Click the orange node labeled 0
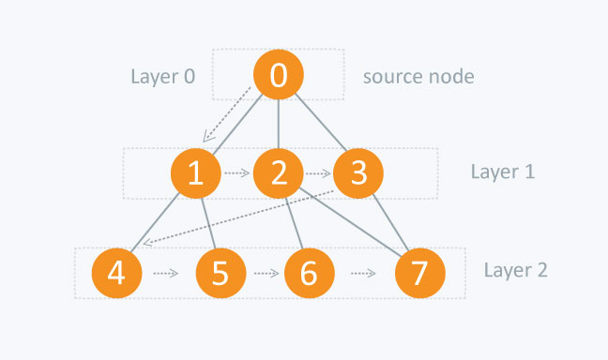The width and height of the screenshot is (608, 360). tap(279, 75)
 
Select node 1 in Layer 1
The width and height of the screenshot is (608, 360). tap(195, 172)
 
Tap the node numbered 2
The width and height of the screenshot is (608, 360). tap(278, 172)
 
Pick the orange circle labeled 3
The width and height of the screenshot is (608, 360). tap(358, 172)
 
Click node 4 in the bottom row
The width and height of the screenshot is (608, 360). tap(116, 273)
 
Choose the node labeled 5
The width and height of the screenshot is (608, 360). tap(220, 273)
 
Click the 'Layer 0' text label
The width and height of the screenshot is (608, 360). tap(163, 76)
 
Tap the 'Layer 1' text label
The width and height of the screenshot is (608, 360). tap(502, 172)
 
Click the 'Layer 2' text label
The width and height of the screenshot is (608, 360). tap(515, 271)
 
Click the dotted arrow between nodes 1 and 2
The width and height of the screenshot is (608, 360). tap(236, 173)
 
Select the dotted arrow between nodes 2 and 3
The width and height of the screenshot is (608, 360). tap(318, 173)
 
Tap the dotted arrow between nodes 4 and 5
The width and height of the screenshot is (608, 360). tap(165, 274)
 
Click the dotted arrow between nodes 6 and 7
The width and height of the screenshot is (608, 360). tap(364, 274)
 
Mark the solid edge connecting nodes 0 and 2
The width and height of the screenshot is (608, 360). tap(279, 124)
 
